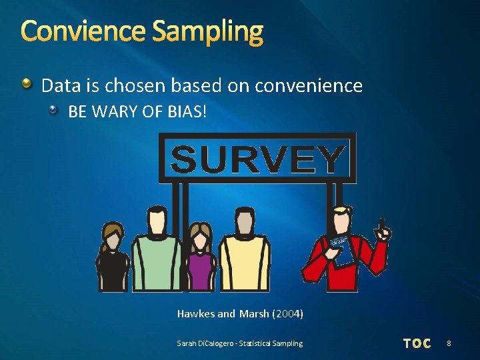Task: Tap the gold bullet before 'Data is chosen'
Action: (x=26, y=85)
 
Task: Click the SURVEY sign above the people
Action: (x=257, y=159)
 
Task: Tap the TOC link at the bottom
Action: (x=417, y=343)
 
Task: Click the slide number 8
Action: (x=449, y=343)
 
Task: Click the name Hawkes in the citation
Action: (x=196, y=313)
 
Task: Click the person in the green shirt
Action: (x=157, y=257)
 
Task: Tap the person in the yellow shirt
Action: (x=245, y=257)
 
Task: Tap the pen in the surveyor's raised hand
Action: (x=382, y=223)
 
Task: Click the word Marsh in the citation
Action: (x=254, y=313)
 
